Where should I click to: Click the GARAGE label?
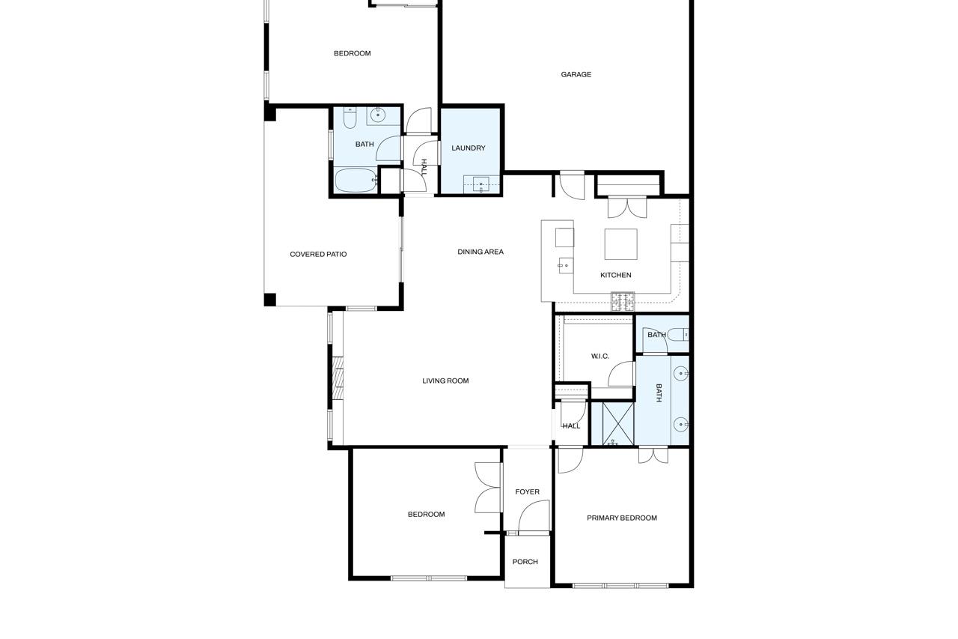tap(576, 74)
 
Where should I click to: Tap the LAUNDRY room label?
tap(469, 148)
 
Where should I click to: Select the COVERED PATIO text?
tap(318, 255)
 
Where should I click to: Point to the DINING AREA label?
tap(480, 252)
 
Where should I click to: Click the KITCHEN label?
tap(615, 275)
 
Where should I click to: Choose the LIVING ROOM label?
tap(445, 381)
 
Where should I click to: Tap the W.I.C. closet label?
tap(599, 356)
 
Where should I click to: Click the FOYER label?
tap(527, 492)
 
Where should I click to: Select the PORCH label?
tap(525, 562)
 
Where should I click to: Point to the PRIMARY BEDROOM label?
tap(621, 518)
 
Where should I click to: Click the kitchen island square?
tap(620, 243)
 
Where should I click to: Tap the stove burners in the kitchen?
tap(623, 301)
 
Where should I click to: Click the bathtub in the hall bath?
tap(356, 180)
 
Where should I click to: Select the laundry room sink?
tap(480, 183)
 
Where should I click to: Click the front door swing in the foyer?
tap(534, 516)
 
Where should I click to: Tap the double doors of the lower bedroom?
tap(487, 488)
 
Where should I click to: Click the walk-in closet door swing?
tap(622, 374)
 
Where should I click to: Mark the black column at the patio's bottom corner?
tap(270, 300)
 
